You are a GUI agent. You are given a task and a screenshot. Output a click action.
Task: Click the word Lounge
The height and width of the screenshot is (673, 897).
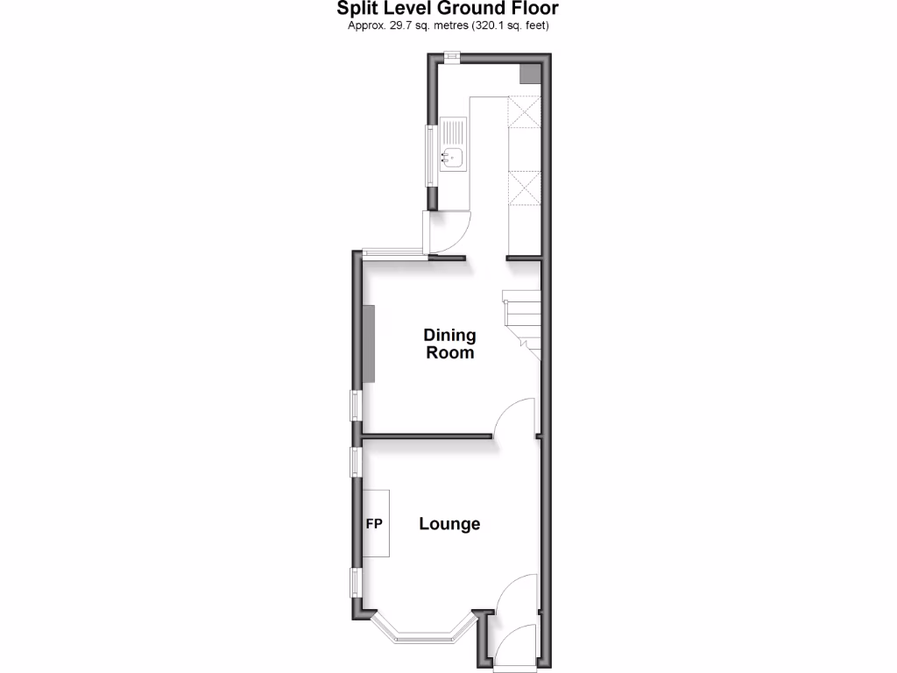(449, 524)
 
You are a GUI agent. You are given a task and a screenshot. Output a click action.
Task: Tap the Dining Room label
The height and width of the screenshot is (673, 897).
(449, 344)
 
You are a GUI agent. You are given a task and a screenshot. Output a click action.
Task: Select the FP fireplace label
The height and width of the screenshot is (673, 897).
(374, 524)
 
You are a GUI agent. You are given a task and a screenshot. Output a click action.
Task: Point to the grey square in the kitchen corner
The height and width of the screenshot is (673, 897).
(531, 74)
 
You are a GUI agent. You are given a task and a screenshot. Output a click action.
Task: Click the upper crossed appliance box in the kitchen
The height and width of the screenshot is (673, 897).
(524, 114)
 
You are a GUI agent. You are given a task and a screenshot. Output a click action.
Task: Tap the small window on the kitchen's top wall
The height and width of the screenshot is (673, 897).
(452, 58)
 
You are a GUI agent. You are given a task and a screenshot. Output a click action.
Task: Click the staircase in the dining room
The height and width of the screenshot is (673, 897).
(520, 320)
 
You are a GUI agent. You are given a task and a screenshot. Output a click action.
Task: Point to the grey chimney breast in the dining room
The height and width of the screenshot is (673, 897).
(370, 343)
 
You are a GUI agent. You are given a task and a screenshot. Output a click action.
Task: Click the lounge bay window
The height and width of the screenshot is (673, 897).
(424, 628)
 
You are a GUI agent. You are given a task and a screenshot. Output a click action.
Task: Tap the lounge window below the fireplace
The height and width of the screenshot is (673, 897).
(357, 582)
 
